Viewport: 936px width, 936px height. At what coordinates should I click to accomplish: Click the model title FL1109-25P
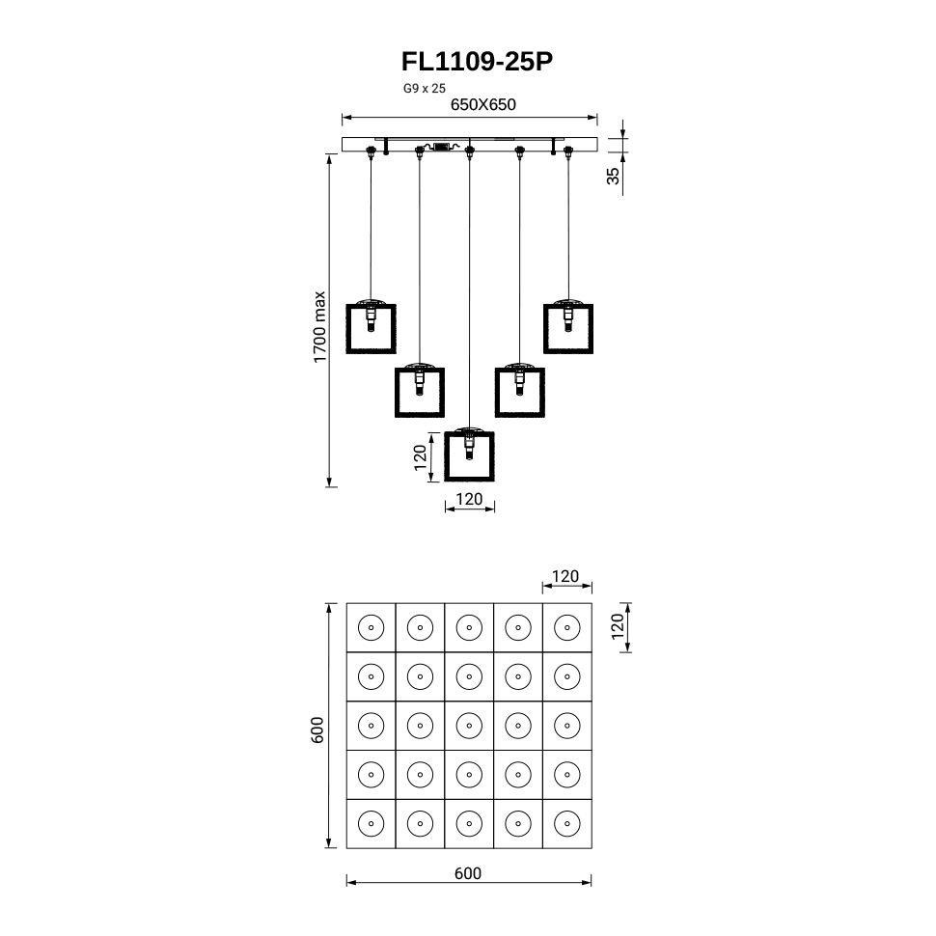(477, 62)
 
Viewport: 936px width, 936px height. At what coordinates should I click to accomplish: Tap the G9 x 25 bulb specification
(425, 89)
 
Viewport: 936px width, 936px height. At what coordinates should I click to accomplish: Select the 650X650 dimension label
(482, 104)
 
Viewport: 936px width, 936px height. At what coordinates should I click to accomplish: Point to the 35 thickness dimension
(614, 176)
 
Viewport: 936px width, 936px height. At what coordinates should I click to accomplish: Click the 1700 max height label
(320, 326)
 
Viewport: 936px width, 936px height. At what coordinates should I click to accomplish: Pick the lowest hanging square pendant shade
(469, 456)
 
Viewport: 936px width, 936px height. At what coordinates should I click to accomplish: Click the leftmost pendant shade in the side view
(371, 329)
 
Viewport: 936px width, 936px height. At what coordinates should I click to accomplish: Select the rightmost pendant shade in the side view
(568, 329)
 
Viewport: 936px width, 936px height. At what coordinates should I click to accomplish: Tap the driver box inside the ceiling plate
(442, 147)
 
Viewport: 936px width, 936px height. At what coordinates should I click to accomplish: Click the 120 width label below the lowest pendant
(469, 499)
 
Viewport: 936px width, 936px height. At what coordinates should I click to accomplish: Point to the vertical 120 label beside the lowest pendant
(421, 457)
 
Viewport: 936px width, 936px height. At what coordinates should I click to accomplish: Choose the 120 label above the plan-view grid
(565, 576)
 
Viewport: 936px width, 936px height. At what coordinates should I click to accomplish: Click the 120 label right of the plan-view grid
(618, 626)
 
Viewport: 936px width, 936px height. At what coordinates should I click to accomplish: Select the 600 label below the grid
(468, 873)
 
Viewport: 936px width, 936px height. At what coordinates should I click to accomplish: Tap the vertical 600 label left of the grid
(317, 730)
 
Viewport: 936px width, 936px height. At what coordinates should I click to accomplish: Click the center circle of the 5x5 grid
(469, 726)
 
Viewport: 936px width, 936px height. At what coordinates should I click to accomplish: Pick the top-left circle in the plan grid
(372, 627)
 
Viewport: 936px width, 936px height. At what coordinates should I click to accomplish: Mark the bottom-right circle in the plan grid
(567, 824)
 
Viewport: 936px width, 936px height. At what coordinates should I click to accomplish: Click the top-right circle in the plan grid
(567, 627)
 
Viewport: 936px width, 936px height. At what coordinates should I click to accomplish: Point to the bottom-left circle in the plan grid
(372, 824)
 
